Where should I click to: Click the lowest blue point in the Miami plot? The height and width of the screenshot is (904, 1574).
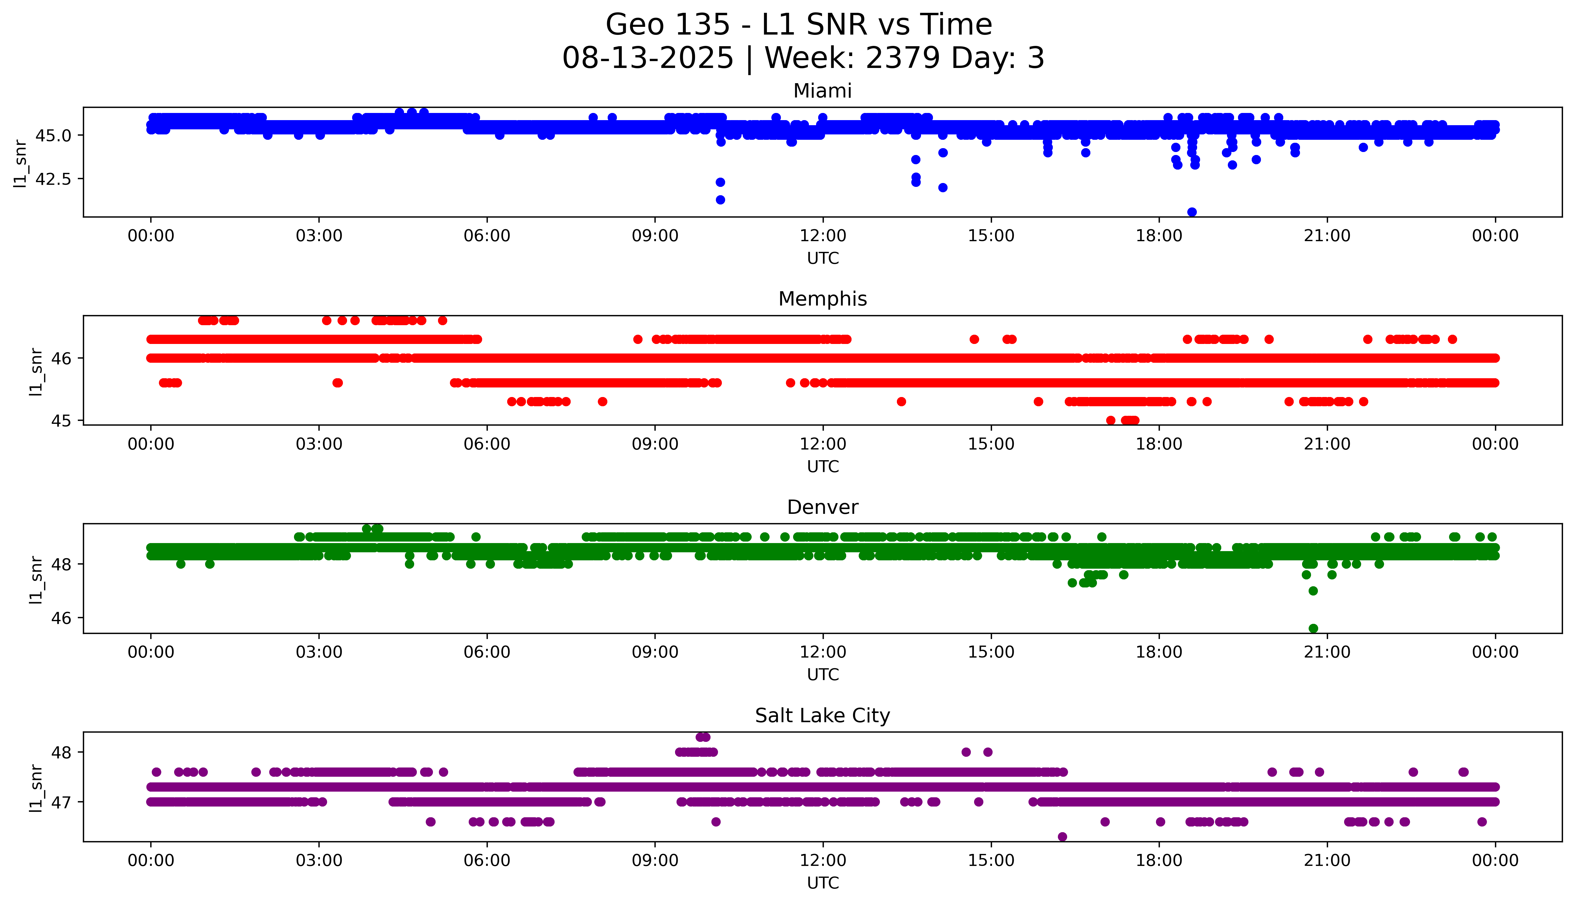(x=1191, y=212)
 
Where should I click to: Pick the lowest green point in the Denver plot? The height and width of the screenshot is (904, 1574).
(x=1313, y=628)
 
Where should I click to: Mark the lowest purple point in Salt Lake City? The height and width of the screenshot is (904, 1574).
(x=1062, y=837)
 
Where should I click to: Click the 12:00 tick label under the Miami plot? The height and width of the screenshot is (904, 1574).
(x=823, y=236)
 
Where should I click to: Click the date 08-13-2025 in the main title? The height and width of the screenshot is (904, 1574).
(x=648, y=58)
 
